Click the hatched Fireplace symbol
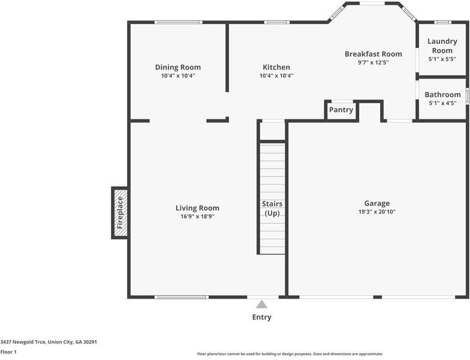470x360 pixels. point(119,212)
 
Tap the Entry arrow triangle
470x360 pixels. point(261,304)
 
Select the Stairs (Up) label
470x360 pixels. point(272,208)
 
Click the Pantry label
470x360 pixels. point(341,110)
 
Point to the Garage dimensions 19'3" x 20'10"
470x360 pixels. point(376,212)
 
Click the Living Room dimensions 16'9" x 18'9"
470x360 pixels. point(197,217)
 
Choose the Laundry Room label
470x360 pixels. point(442,46)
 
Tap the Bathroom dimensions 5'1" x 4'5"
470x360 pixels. point(442,103)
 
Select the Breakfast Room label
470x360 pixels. point(373,54)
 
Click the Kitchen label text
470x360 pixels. point(276,67)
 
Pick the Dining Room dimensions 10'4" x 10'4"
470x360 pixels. point(178,76)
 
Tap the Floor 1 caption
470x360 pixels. point(8,352)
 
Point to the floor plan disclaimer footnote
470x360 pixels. point(290,354)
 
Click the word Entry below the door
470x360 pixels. point(261,317)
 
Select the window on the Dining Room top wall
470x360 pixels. point(178,23)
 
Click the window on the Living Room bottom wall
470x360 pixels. point(181,296)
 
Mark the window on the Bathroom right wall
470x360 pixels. point(467,95)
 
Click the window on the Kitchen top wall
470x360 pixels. point(276,23)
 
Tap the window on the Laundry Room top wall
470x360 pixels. point(442,23)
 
